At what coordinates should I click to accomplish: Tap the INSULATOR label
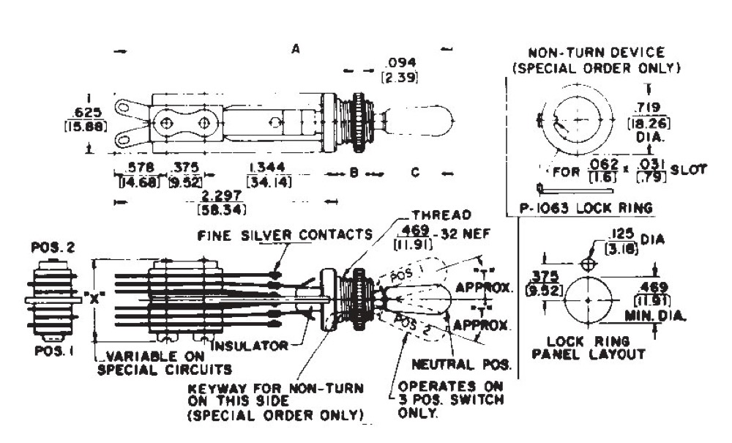coord(253,345)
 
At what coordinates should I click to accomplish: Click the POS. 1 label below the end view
coord(49,350)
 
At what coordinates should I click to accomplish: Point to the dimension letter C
coord(415,173)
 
